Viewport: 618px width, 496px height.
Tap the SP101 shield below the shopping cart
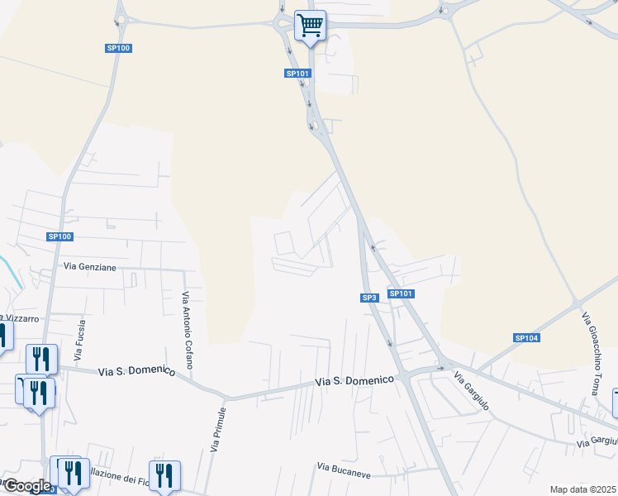click(x=297, y=74)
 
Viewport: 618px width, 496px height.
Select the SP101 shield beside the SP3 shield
click(x=401, y=293)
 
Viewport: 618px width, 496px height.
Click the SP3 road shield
click(x=369, y=298)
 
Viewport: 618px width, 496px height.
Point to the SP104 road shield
click(x=526, y=337)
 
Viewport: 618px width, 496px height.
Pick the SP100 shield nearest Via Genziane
click(x=60, y=236)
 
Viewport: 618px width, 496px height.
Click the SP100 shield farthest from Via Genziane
click(x=119, y=48)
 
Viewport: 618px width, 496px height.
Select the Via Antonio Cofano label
click(x=188, y=329)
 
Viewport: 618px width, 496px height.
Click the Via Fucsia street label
click(x=80, y=341)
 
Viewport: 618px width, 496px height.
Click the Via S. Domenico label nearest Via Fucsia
click(x=136, y=372)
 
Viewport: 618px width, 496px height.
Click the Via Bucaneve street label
click(x=346, y=467)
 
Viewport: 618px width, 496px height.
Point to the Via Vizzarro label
click(x=21, y=317)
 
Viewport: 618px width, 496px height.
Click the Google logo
click(x=26, y=486)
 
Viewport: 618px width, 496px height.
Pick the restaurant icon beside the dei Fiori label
click(x=165, y=475)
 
